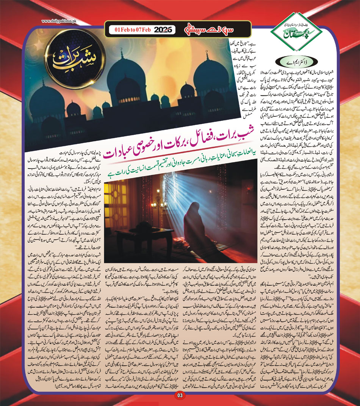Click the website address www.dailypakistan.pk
point(59,21)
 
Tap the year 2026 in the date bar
point(164,30)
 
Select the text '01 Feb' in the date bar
point(121,30)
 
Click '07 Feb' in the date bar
point(144,30)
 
